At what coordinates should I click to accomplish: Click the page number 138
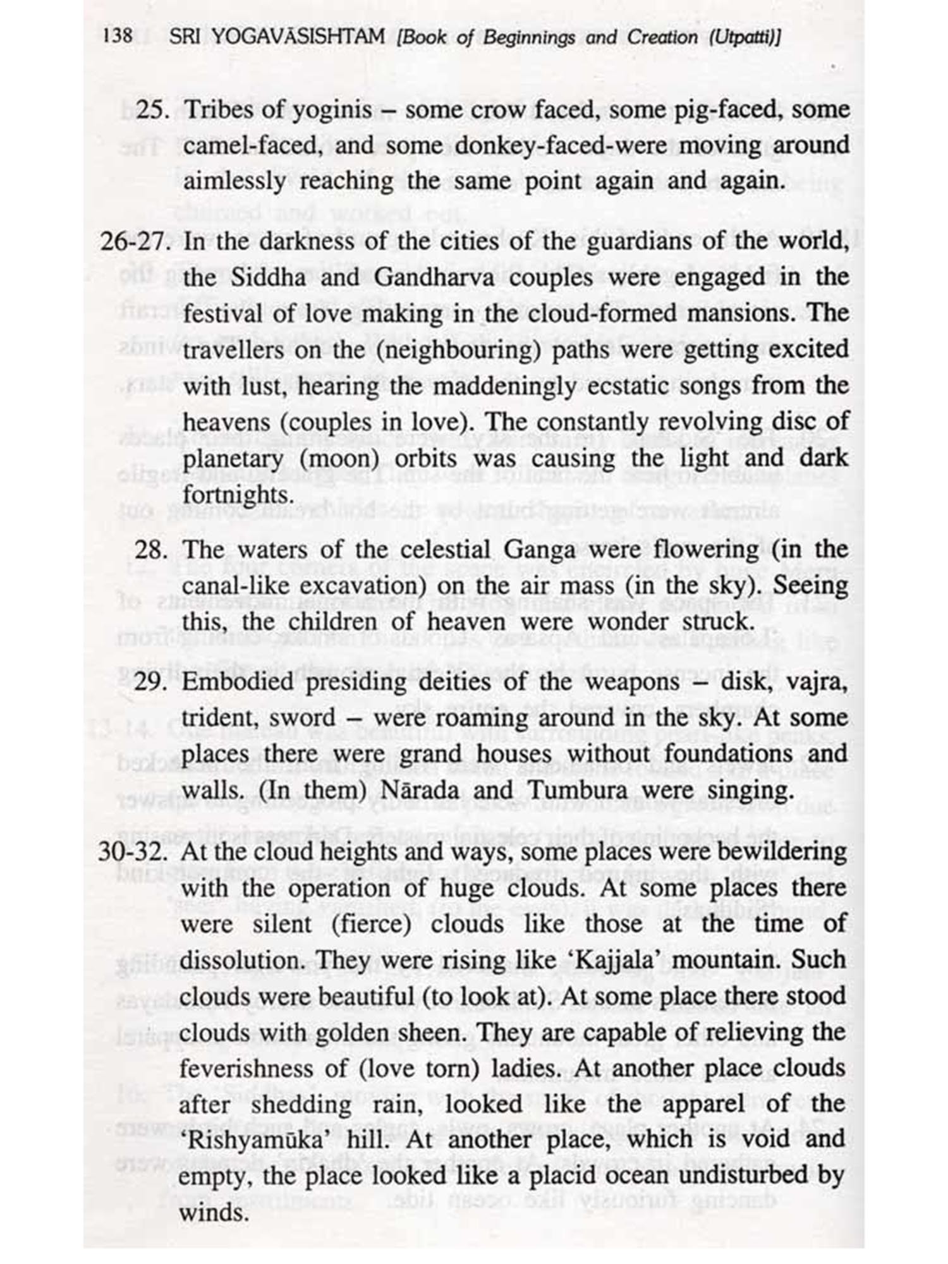point(118,35)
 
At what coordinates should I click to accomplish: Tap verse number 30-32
point(133,852)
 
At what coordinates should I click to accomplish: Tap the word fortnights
point(238,495)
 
